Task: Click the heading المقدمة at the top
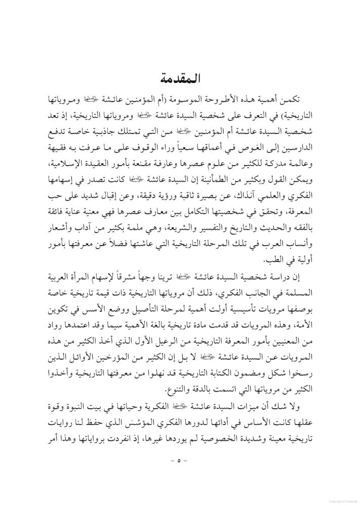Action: [180, 79]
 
